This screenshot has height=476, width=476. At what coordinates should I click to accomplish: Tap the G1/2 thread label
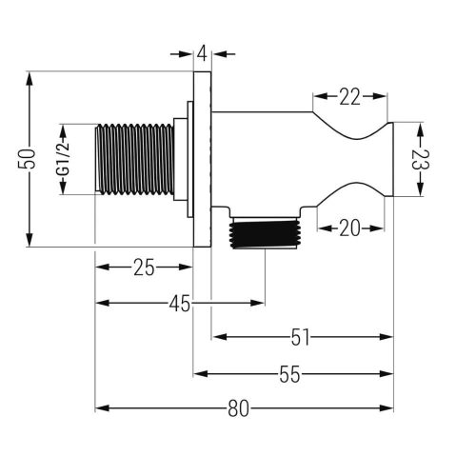pyautogui.click(x=63, y=159)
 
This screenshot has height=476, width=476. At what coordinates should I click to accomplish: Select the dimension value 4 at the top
pyautogui.click(x=202, y=54)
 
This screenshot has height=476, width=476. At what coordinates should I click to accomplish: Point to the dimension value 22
pyautogui.click(x=350, y=96)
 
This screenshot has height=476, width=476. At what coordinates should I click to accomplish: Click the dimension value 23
pyautogui.click(x=421, y=160)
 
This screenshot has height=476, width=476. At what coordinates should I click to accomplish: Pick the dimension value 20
pyautogui.click(x=349, y=228)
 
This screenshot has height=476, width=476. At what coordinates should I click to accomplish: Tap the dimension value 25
pyautogui.click(x=144, y=268)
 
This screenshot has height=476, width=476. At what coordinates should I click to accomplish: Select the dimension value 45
pyautogui.click(x=179, y=303)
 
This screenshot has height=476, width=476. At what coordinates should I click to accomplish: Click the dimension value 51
pyautogui.click(x=300, y=337)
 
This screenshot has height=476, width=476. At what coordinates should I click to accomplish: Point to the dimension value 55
pyautogui.click(x=289, y=374)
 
